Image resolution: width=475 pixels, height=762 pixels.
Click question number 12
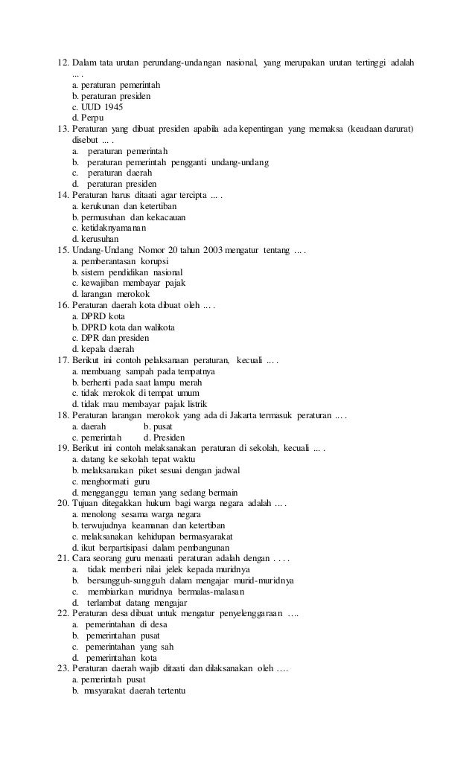[63, 60]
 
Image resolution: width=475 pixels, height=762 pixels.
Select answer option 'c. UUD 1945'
[98, 106]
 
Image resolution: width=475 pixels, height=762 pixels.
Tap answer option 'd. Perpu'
[88, 118]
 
